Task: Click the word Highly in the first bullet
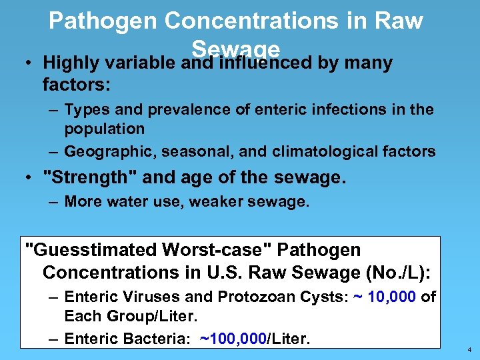click(x=69, y=63)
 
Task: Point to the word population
click(x=105, y=128)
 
